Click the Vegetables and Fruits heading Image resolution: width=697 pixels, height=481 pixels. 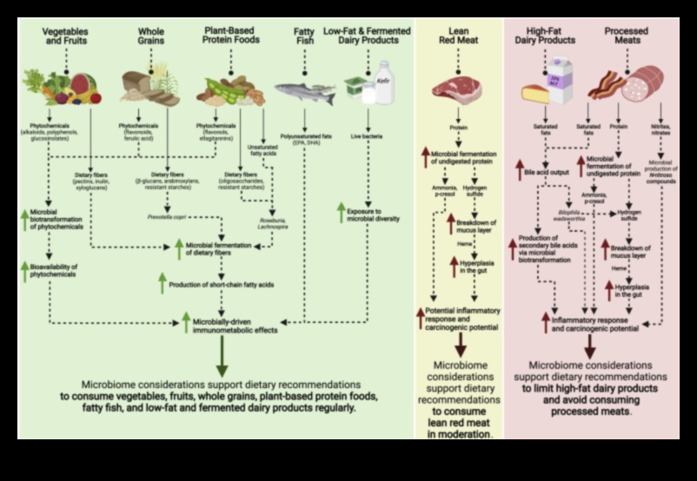[66, 36]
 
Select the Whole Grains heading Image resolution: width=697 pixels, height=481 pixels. [151, 36]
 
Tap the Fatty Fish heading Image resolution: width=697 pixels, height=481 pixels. [303, 36]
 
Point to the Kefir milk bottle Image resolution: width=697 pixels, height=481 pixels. [383, 82]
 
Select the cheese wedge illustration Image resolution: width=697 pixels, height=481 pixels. [536, 93]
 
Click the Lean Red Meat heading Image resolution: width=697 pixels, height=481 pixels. [460, 36]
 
